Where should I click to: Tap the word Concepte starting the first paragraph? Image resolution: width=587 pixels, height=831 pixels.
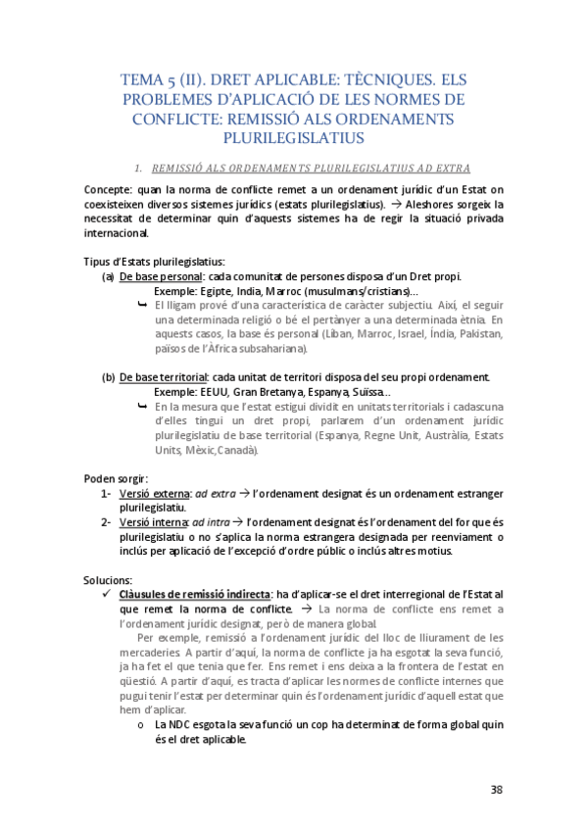coord(108,190)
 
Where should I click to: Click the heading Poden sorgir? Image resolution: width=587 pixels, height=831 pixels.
coord(115,479)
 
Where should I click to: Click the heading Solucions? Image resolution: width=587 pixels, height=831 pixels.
coord(110,580)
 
